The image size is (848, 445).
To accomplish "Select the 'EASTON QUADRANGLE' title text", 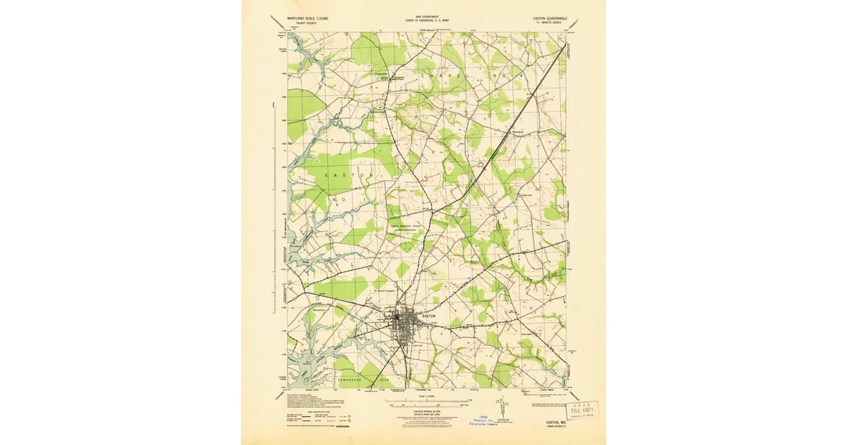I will point(548,17).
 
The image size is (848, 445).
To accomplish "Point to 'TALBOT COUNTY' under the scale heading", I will point(295,23).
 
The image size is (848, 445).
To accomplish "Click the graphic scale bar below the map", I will point(425,402).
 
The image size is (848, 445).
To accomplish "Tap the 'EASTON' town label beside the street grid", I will point(429,316).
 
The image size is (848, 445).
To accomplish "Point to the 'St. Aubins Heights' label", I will point(384,290).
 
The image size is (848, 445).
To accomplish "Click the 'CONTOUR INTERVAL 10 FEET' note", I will point(425,412).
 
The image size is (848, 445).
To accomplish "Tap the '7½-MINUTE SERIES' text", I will point(548,23).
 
